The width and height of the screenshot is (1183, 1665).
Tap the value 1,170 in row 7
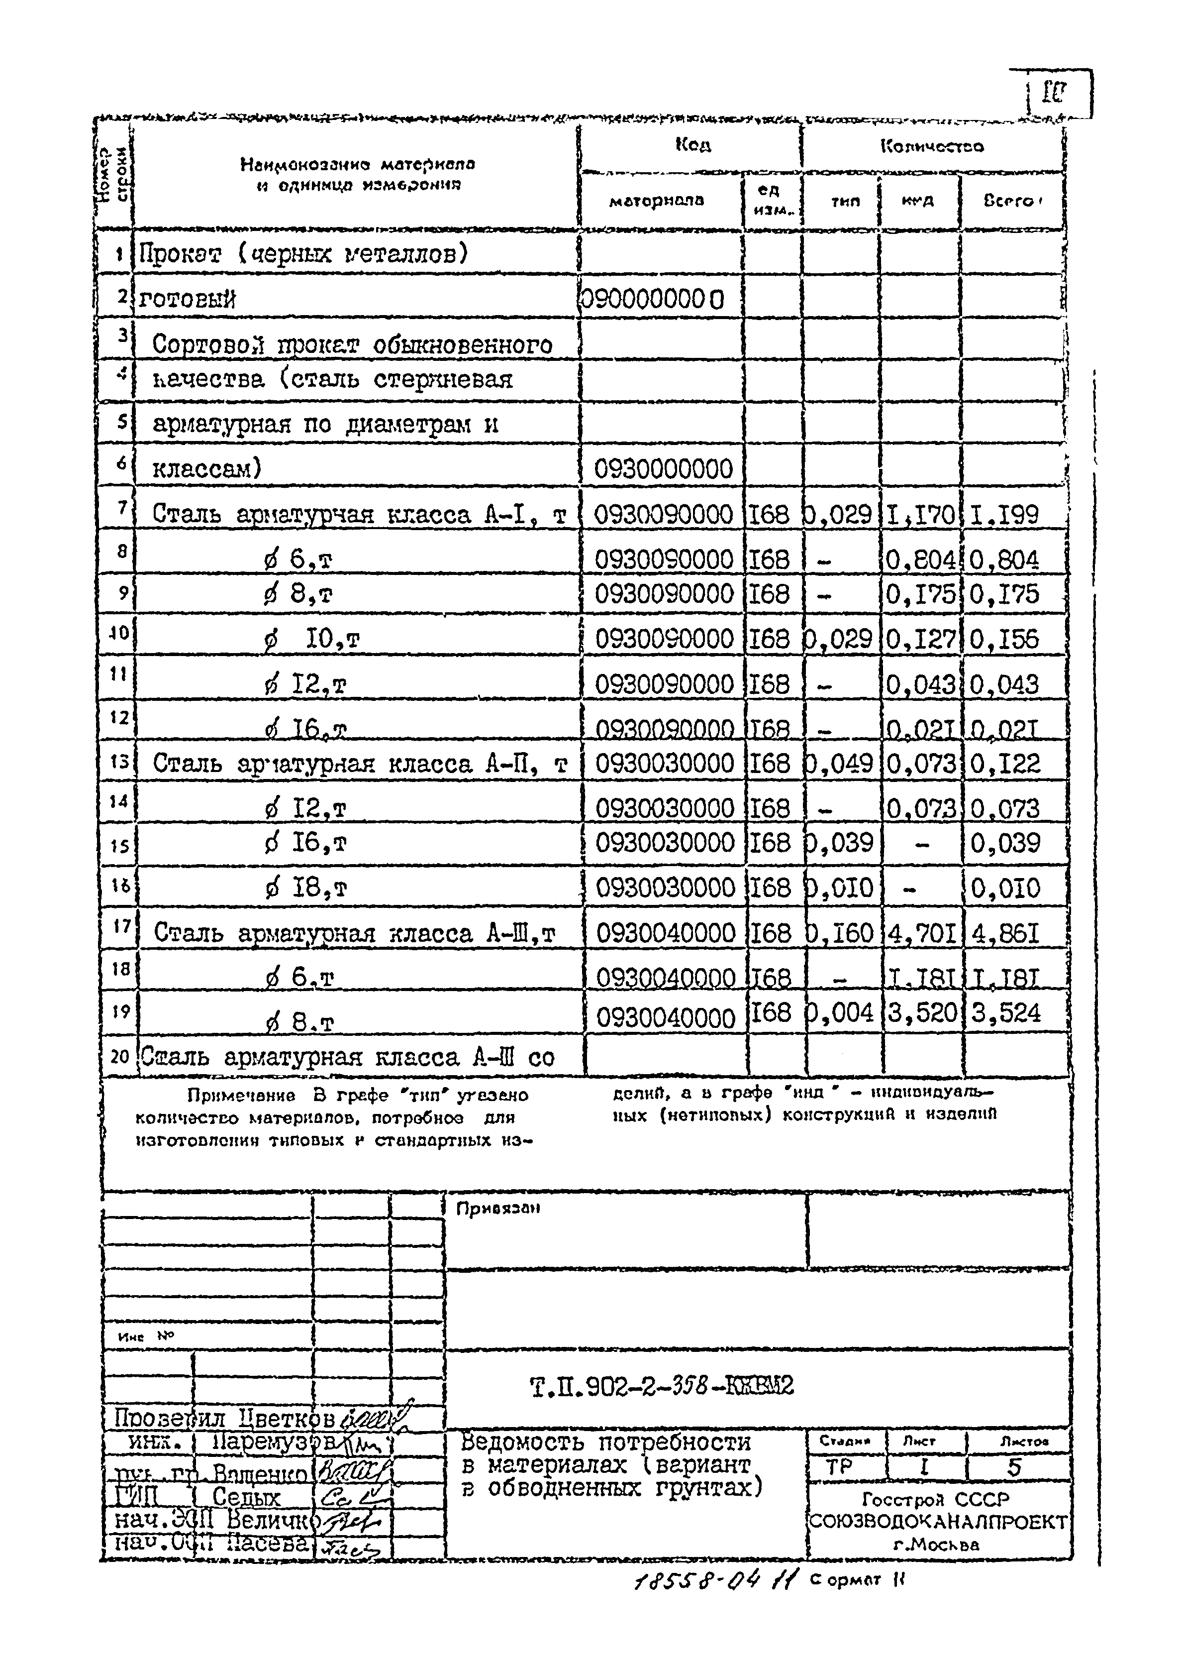920,515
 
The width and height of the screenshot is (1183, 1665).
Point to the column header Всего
1009,201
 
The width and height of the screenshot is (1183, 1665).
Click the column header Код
692,145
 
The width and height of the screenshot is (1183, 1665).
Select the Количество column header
932,146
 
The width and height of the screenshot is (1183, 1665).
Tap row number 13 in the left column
119,762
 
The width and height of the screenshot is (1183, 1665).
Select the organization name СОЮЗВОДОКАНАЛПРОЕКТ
938,1522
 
